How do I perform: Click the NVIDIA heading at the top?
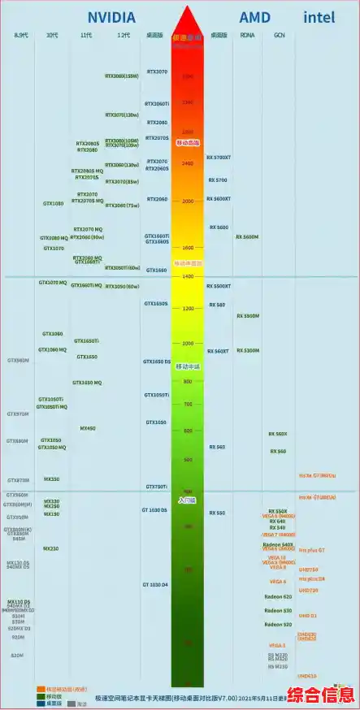click(111, 16)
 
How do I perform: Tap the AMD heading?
click(254, 16)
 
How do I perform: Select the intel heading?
click(320, 16)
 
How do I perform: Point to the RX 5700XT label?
click(219, 157)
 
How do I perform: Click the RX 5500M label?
click(248, 315)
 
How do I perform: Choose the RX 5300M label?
click(248, 350)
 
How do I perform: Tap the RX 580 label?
click(217, 305)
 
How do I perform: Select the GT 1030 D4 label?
click(155, 585)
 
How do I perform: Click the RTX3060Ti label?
click(157, 104)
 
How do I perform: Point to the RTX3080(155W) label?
click(122, 76)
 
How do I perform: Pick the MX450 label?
click(87, 428)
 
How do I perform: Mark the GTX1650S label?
click(156, 303)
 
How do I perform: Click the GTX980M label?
click(18, 360)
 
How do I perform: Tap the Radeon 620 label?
click(278, 596)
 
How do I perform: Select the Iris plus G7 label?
click(311, 550)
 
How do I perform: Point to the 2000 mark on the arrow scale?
click(188, 201)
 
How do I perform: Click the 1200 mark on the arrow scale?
click(188, 309)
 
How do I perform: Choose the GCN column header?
click(279, 36)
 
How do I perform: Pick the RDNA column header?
click(248, 36)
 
